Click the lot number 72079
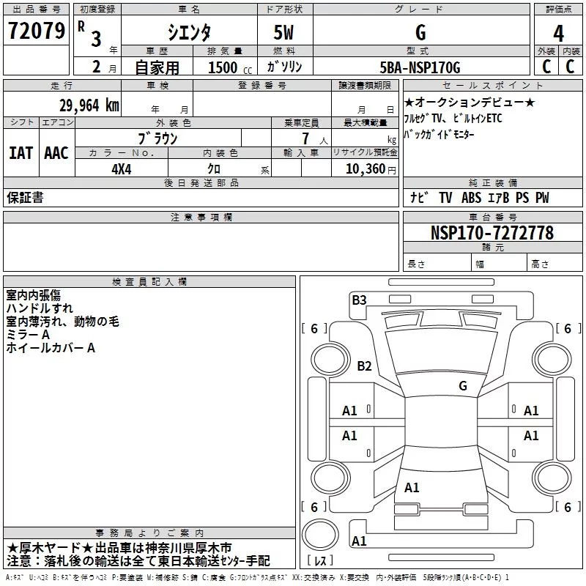tap(37, 31)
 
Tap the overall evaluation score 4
tap(558, 33)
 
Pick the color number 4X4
tap(122, 168)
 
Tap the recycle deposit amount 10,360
tap(363, 168)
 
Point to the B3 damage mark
tap(359, 300)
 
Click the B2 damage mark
tap(364, 366)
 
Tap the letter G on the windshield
tap(462, 385)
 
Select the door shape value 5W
tap(285, 32)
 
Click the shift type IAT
tap(21, 153)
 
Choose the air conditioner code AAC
tap(56, 153)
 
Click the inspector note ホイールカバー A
tap(51, 348)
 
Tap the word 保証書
tap(25, 198)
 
